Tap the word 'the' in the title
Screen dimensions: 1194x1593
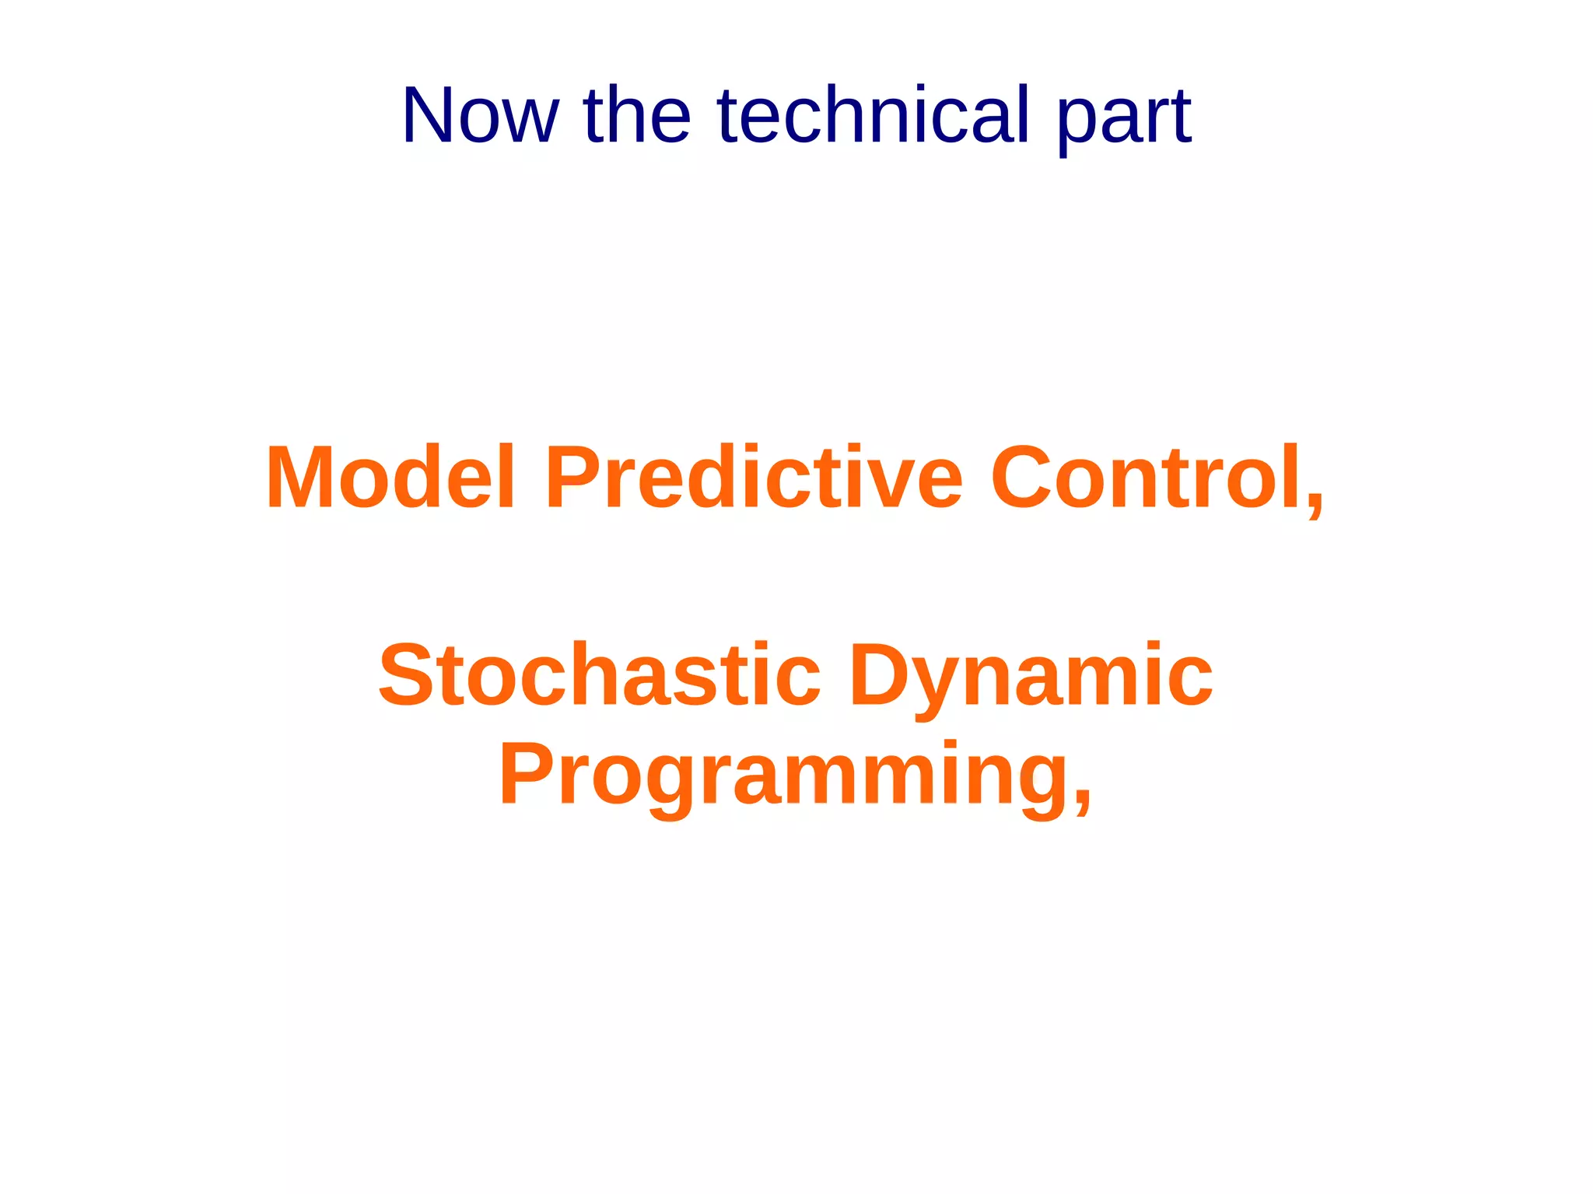636,116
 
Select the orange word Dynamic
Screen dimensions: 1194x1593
1031,677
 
